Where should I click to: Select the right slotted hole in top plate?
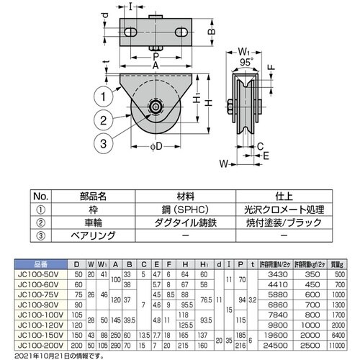click(x=183, y=32)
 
